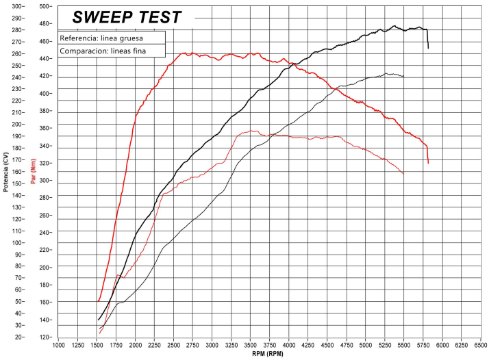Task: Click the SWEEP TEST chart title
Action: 127,17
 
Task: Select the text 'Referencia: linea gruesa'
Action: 101,38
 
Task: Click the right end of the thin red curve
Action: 403,174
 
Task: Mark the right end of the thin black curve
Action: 403,76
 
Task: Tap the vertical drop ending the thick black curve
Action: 428,40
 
